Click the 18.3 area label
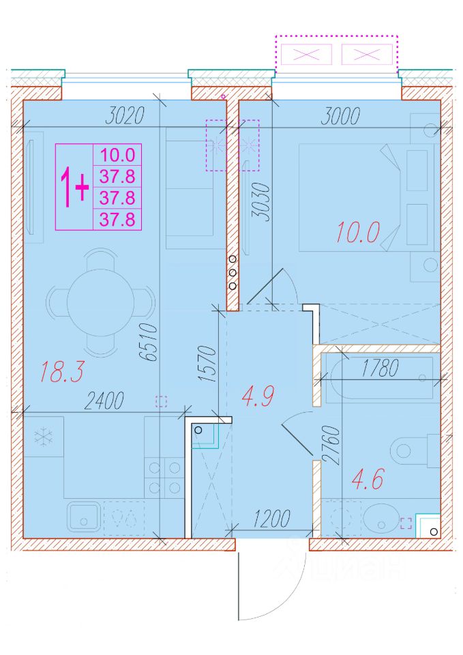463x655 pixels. click(x=62, y=372)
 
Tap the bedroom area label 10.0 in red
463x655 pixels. click(x=358, y=232)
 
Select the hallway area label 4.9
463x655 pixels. click(x=258, y=396)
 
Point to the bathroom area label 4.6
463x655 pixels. click(x=368, y=479)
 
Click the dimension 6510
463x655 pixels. click(x=149, y=343)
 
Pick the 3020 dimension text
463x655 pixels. click(x=125, y=116)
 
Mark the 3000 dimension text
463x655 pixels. click(x=340, y=116)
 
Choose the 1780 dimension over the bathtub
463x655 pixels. click(x=380, y=368)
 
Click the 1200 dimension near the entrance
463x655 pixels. click(x=271, y=519)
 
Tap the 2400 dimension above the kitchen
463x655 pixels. click(x=104, y=401)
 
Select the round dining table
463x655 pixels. click(x=101, y=302)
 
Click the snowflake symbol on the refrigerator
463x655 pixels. click(x=44, y=437)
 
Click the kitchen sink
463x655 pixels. click(x=84, y=516)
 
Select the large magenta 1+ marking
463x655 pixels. click(x=75, y=186)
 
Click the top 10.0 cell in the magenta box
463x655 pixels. click(x=117, y=155)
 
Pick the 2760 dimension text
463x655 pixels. click(x=332, y=445)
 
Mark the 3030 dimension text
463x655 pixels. click(x=262, y=201)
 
